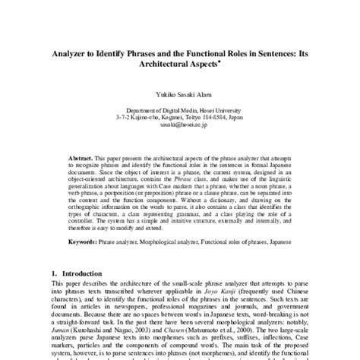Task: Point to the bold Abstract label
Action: [77, 143]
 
